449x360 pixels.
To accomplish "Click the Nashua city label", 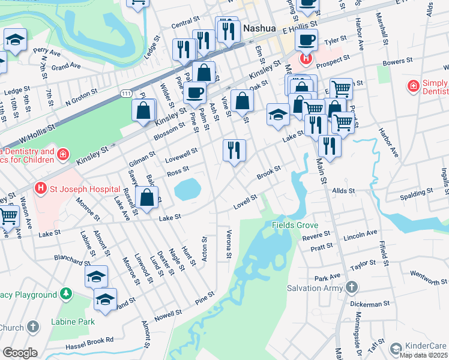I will pos(259,28).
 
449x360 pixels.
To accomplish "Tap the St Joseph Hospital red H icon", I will pos(41,188).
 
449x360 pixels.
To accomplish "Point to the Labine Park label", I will pos(73,322).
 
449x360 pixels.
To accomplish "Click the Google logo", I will pos(20,353).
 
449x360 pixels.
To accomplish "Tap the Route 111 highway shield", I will pos(126,94).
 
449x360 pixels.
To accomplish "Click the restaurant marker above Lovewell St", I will pos(234,149).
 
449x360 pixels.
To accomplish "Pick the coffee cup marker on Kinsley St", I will pos(194,93).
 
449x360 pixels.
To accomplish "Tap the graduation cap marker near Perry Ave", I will pos(15,40).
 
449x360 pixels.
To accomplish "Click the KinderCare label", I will pos(426,347).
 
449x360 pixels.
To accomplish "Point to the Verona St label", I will pos(229,245).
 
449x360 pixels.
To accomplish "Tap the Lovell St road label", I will pos(246,202).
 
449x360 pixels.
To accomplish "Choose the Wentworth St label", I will pos(426,277).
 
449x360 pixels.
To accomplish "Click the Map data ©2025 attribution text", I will pos(424,355).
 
